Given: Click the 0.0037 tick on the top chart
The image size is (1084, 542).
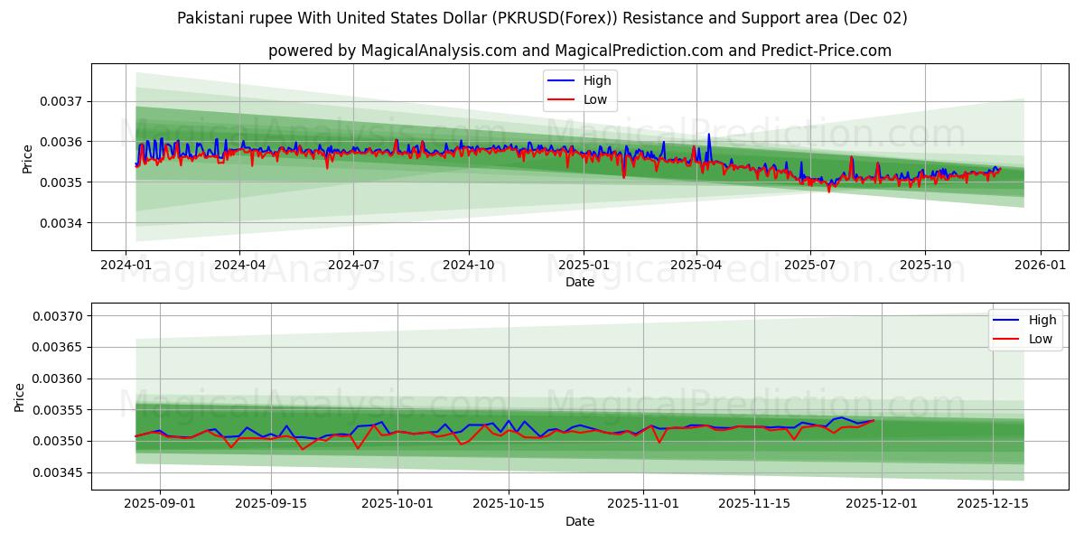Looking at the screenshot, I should pyautogui.click(x=61, y=101).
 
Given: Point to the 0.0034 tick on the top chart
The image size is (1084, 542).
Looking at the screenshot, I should pyautogui.click(x=61, y=223).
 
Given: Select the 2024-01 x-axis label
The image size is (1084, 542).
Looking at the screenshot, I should pyautogui.click(x=125, y=266).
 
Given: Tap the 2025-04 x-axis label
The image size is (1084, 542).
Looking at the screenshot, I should pyautogui.click(x=696, y=266).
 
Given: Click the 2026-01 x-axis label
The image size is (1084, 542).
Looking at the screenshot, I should pyautogui.click(x=1041, y=266).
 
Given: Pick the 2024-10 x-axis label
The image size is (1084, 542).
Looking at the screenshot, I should pyautogui.click(x=468, y=266).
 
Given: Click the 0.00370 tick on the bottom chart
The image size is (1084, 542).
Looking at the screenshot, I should pyautogui.click(x=57, y=316).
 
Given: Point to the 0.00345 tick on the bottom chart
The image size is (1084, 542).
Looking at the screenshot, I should pyautogui.click(x=57, y=472).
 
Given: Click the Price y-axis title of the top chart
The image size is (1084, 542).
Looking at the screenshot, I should pyautogui.click(x=27, y=159).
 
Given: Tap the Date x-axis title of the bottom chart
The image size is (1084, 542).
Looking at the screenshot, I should pyautogui.click(x=580, y=521).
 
